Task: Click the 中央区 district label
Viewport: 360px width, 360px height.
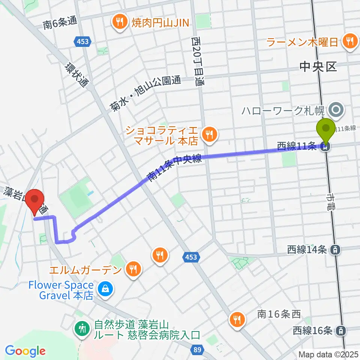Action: pyautogui.click(x=318, y=67)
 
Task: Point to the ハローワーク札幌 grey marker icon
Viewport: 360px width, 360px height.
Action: pyautogui.click(x=336, y=110)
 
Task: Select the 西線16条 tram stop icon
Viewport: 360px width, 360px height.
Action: pyautogui.click(x=340, y=330)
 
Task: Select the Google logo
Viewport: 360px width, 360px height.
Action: pyautogui.click(x=25, y=351)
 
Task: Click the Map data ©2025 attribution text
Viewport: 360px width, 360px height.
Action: pyautogui.click(x=328, y=354)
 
